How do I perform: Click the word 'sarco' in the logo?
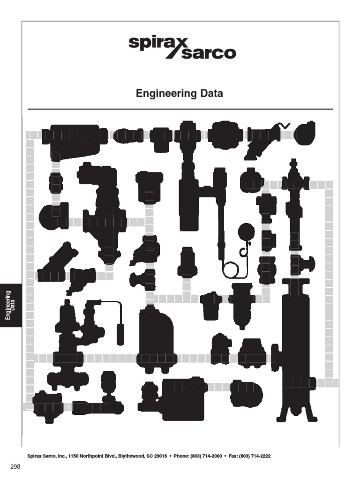point(208,53)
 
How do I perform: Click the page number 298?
point(16,467)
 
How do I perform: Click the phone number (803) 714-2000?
point(204,456)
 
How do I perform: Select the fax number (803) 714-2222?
point(255,456)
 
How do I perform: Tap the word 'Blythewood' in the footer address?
point(137,456)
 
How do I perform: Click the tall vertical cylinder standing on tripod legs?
point(296,347)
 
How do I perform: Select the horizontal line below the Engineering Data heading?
point(180,109)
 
